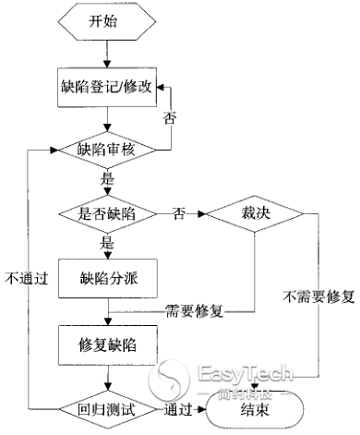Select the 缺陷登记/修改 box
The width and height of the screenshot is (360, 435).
coord(108,91)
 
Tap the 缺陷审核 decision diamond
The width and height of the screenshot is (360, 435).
coord(109,147)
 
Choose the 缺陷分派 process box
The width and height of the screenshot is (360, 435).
coord(108,278)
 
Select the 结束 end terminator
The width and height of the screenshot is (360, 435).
coord(261,406)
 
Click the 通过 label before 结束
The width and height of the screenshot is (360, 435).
coord(179,406)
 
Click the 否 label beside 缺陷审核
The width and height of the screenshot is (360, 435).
coord(169,117)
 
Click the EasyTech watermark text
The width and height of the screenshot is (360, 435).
coord(246,374)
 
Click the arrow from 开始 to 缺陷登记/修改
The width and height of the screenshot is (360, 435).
coord(108,58)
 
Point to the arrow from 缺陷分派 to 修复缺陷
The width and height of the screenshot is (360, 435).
coord(108,310)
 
